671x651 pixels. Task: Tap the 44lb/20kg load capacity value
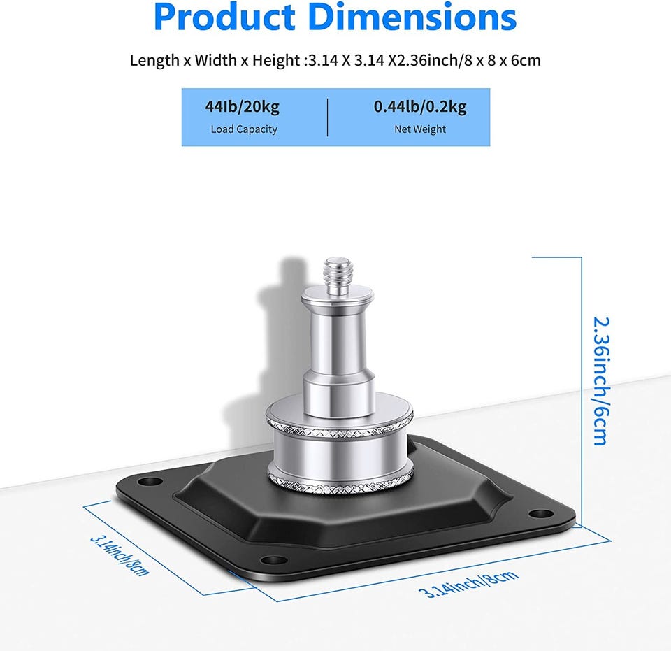coord(243,106)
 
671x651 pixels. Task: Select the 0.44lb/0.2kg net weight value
coord(420,106)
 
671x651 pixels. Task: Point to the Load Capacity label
coord(244,129)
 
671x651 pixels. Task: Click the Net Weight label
coord(420,129)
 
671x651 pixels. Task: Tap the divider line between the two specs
coord(328,117)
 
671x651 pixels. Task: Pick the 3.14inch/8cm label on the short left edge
coord(120,555)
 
